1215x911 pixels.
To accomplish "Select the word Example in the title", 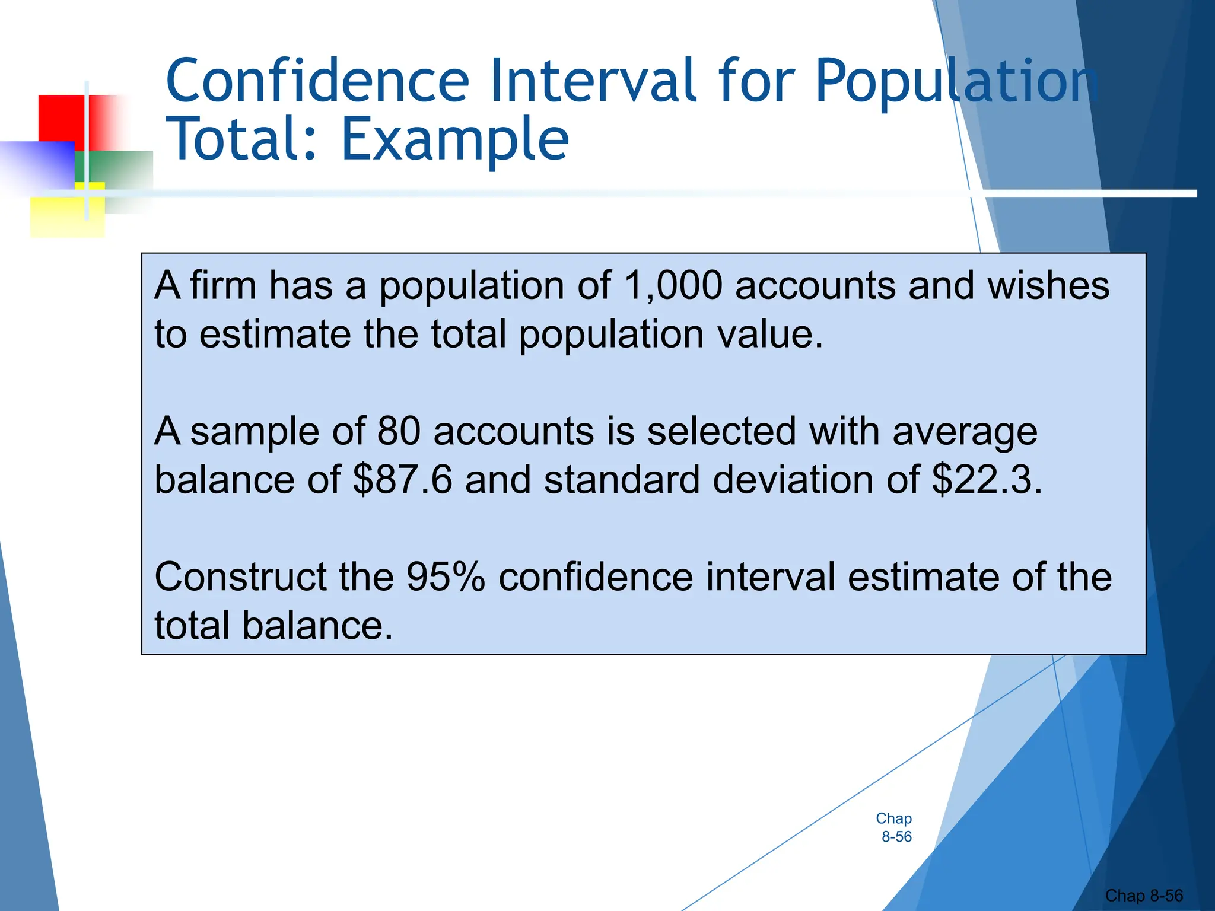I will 455,141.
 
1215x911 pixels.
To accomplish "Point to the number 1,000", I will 673,286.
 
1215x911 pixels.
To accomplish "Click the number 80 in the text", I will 399,431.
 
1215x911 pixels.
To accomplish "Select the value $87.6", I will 402,479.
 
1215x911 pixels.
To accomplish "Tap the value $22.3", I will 986,479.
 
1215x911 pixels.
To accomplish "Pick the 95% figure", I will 446,576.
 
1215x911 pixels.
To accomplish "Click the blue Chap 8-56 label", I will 895,827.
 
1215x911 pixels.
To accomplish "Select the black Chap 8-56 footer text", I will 1143,896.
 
